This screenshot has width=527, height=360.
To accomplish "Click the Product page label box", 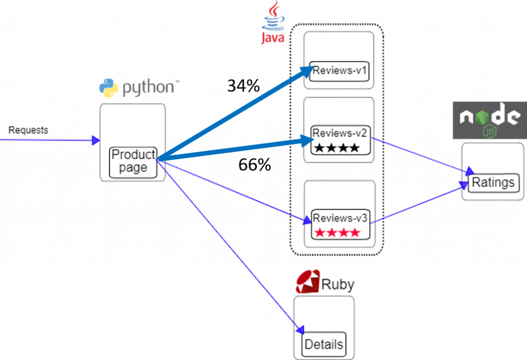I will click(x=133, y=161).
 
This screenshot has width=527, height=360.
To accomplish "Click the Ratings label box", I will click(x=493, y=183).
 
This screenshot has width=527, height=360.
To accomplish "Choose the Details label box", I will click(x=323, y=344).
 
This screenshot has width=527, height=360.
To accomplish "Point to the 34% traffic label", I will click(x=243, y=85).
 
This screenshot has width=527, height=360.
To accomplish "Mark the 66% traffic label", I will click(x=254, y=165).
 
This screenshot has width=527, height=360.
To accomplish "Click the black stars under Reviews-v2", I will click(x=337, y=148).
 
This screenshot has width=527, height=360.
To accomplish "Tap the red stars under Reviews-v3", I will click(x=337, y=232).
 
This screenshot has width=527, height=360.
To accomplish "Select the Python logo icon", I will click(x=109, y=88).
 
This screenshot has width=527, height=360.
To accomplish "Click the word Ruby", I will click(x=337, y=284).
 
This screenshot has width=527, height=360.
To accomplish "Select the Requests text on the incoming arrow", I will click(x=28, y=130).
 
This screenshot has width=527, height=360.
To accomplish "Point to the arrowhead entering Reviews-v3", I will click(x=307, y=220).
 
